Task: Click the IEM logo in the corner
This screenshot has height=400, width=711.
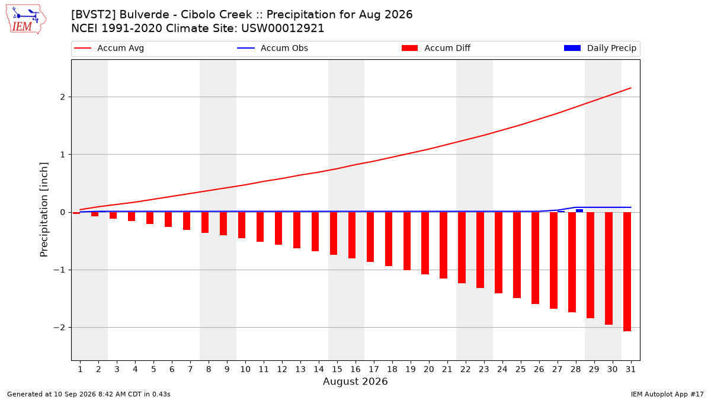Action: pyautogui.click(x=26, y=20)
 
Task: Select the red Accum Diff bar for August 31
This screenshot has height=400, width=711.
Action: pyautogui.click(x=627, y=272)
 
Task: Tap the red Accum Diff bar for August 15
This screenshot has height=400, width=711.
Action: pyautogui.click(x=334, y=233)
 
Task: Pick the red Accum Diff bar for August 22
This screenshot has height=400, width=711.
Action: pyautogui.click(x=462, y=248)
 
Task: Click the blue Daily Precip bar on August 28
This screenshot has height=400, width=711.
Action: pyautogui.click(x=579, y=210)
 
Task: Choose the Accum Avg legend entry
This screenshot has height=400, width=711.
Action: pyautogui.click(x=109, y=48)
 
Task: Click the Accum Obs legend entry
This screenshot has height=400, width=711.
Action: pyautogui.click(x=273, y=48)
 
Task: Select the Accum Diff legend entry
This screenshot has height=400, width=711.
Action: pyautogui.click(x=436, y=48)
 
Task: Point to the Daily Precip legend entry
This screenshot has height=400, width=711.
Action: pyautogui.click(x=600, y=48)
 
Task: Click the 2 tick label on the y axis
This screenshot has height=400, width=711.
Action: pyautogui.click(x=63, y=97)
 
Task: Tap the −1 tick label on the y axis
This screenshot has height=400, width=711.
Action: pyautogui.click(x=59, y=270)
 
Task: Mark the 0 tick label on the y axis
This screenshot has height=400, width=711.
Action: pyautogui.click(x=63, y=212)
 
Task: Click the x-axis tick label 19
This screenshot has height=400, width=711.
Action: pyautogui.click(x=411, y=369)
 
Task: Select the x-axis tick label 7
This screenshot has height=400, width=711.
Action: pyautogui.click(x=190, y=369)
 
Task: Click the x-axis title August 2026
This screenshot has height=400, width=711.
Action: pyautogui.click(x=355, y=381)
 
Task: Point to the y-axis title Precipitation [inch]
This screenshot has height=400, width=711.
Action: pyautogui.click(x=44, y=210)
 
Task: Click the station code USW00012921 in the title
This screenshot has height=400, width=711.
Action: pyautogui.click(x=283, y=28)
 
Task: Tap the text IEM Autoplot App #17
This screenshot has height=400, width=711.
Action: pyautogui.click(x=667, y=394)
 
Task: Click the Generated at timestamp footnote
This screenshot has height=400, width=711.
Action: pyautogui.click(x=88, y=394)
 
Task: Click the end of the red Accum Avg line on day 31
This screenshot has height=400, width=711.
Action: pyautogui.click(x=630, y=88)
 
